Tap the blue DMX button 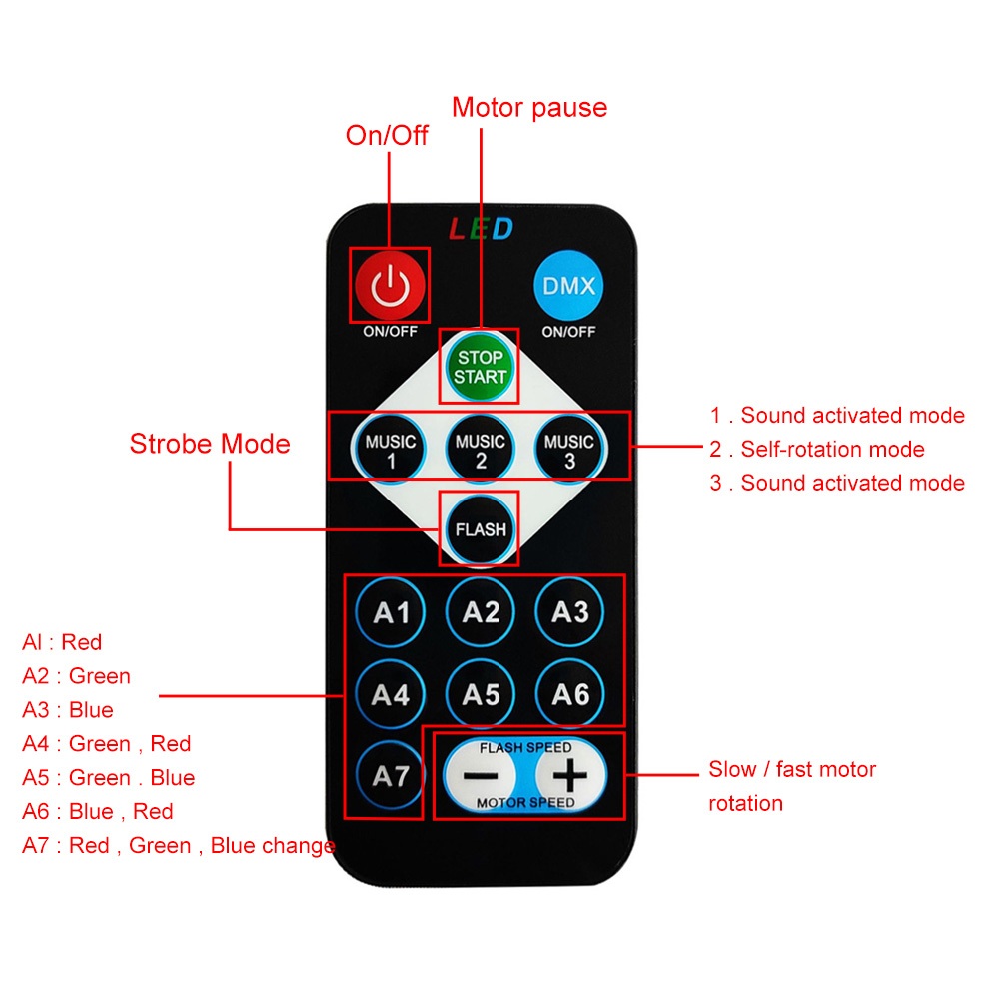click(568, 285)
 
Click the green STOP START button click(480, 367)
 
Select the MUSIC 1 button click(390, 450)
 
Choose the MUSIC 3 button click(569, 450)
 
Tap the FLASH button click(480, 529)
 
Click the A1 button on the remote click(390, 613)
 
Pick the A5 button click(480, 694)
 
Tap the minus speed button click(480, 775)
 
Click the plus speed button click(569, 775)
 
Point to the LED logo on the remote click(482, 229)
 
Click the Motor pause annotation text click(529, 108)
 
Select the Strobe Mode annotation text click(210, 444)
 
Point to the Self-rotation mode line click(817, 450)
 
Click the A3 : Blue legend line click(68, 709)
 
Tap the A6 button click(569, 694)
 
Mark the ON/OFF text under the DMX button click(568, 332)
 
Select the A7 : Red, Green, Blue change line click(179, 845)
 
